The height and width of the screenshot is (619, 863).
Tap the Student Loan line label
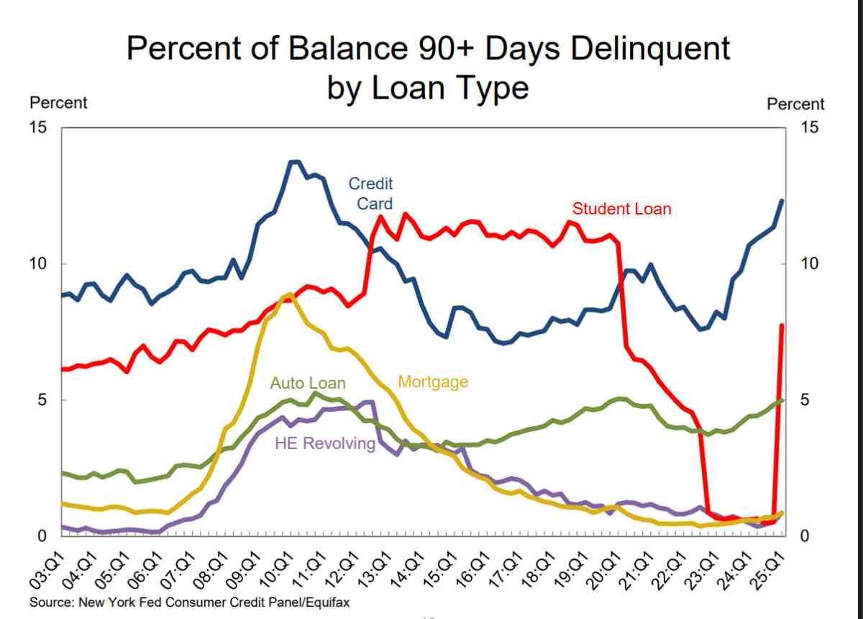pos(621,209)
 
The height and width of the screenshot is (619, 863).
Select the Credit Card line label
pos(371,194)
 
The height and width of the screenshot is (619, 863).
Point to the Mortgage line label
pos(433,381)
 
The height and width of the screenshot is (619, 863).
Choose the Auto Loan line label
pos(308,383)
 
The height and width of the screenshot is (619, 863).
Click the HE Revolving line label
pos(325,443)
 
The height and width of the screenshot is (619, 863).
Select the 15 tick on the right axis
pos(809,127)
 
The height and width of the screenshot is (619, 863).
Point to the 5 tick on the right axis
pos(805,400)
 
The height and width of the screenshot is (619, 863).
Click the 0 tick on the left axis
pos(42,536)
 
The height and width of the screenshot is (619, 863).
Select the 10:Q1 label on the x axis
pos(278,569)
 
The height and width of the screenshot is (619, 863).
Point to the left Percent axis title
pos(58,103)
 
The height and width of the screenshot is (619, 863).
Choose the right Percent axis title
pos(795,104)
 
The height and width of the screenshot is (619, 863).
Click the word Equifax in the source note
pos(327,602)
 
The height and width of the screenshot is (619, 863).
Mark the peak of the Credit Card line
pos(295,161)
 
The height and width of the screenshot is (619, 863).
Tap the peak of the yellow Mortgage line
pos(288,294)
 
